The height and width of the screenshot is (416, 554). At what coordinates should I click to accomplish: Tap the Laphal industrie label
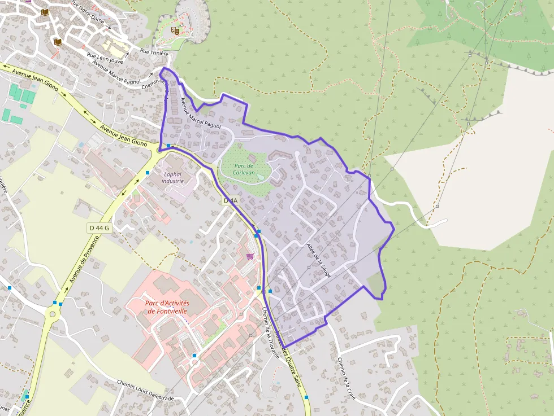coord(173,178)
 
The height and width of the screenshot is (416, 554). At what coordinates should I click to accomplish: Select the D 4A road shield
coord(231,200)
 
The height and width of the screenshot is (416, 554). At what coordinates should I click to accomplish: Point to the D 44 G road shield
coord(98,227)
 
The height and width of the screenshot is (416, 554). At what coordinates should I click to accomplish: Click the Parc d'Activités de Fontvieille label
coord(167,307)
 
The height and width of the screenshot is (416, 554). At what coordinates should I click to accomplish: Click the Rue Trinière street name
coord(154,52)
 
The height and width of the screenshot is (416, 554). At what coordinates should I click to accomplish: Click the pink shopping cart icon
coord(250,256)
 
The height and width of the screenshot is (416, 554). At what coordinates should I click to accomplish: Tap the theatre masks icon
coord(176,31)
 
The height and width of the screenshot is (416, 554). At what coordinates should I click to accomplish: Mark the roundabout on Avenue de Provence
coord(53,313)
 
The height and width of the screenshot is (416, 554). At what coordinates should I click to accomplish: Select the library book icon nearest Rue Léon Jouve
coord(58,42)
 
